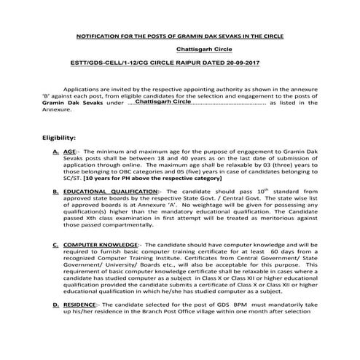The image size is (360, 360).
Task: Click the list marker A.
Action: click(57, 151)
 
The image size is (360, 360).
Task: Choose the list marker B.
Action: click(57, 192)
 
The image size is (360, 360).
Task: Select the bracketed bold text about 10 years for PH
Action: click(141, 178)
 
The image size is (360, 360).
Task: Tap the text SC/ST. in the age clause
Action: click(72, 178)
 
